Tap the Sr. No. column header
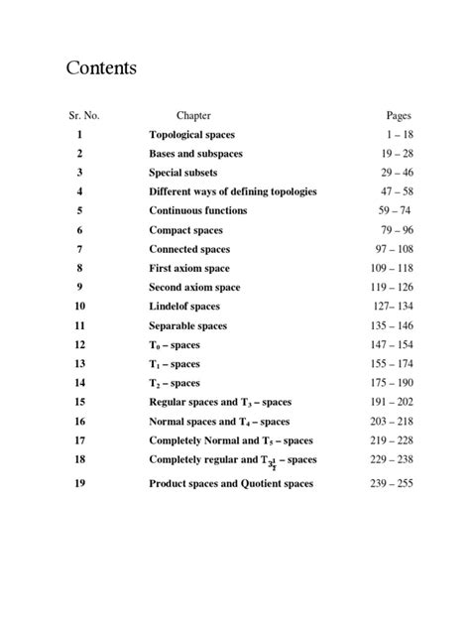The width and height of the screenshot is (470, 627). [81, 116]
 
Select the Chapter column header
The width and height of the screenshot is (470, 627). [193, 116]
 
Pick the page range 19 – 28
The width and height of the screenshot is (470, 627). [394, 154]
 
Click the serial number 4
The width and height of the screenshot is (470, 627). [80, 191]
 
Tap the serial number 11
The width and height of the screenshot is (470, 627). [80, 325]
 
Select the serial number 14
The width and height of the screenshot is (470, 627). [80, 383]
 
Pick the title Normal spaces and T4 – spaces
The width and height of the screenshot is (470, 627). [219, 422]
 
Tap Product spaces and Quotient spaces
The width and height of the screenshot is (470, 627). [231, 484]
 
